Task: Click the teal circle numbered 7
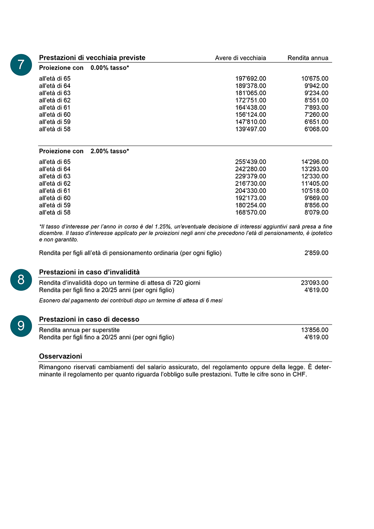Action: pos(21,65)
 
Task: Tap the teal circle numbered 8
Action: pos(21,280)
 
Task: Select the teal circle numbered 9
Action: pos(21,326)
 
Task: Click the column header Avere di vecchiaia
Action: pos(240,58)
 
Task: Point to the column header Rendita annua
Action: pos(308,58)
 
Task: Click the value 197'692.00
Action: pos(251,79)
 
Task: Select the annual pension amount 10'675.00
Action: pos(315,79)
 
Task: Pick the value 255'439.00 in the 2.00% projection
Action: pos(251,162)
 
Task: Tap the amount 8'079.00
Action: pos(316,212)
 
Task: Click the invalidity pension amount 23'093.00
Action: pos(315,283)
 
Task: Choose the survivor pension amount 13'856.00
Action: pos(315,330)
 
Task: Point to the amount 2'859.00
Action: pos(316,253)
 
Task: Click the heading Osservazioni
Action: pos(60,356)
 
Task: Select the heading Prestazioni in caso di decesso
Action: pos(89,319)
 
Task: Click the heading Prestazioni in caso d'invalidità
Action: pos(89,272)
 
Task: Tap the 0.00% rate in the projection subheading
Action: pos(99,68)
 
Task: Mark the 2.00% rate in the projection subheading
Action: pos(99,151)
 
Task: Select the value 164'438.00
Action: pos(251,108)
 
